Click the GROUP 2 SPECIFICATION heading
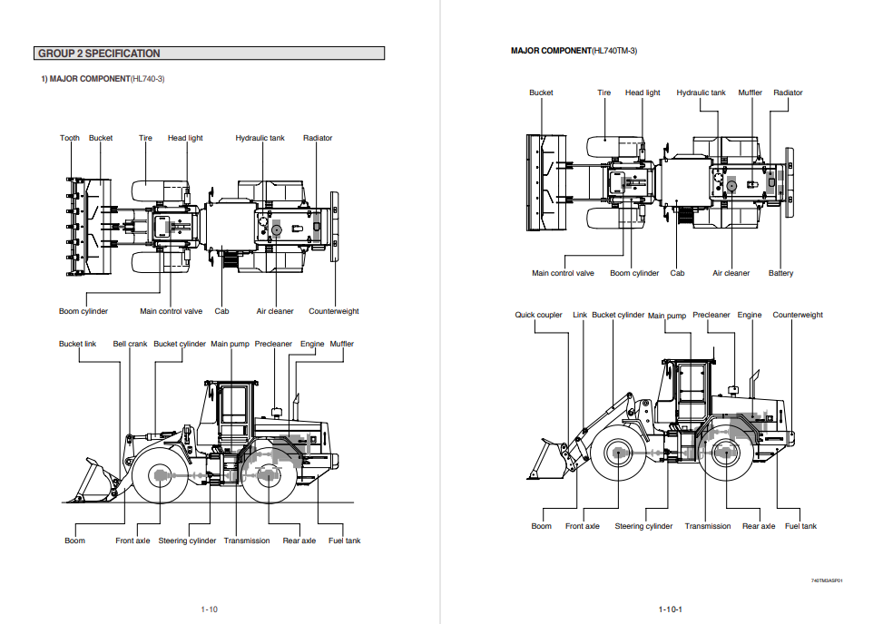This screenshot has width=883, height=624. tap(99, 54)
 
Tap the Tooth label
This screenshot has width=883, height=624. tap(70, 138)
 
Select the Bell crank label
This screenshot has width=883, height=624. tap(130, 344)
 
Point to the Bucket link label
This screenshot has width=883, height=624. tap(77, 344)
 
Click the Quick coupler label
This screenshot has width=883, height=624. tap(538, 315)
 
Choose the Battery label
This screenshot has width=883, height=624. tap(780, 273)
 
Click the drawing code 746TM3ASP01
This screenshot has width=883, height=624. tap(827, 580)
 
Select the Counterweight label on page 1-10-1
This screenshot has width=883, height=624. tap(798, 315)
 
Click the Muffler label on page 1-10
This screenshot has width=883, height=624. tap(341, 344)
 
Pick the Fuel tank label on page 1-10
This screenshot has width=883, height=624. tap(344, 541)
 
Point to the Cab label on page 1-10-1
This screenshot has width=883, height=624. tap(677, 273)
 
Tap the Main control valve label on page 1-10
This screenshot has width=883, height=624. tap(171, 311)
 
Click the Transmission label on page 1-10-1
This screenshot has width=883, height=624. tap(707, 526)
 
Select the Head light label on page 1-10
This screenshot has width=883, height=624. tap(185, 138)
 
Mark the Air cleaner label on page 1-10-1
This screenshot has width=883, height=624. tap(731, 273)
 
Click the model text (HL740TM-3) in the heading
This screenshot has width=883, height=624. tap(613, 51)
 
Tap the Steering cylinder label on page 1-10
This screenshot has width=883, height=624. tap(187, 541)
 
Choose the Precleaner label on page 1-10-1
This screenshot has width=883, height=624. tap(711, 315)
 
